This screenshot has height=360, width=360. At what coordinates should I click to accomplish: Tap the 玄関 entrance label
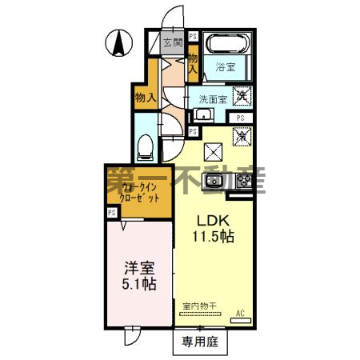(x=173, y=42)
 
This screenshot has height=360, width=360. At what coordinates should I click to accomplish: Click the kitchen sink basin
(x=215, y=182)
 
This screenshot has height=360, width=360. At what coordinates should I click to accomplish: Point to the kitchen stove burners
(x=242, y=182)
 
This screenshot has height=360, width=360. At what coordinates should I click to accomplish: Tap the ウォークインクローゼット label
(x=134, y=192)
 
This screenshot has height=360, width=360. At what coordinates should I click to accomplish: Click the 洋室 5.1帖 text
(x=138, y=277)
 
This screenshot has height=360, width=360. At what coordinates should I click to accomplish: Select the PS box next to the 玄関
(x=194, y=38)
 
